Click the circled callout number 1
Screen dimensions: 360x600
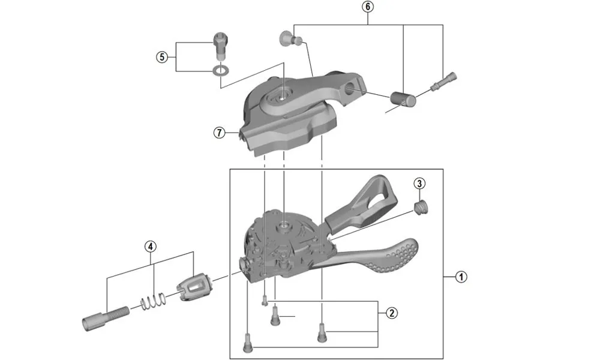click(x=460, y=277)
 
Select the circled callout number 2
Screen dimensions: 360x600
click(x=391, y=313)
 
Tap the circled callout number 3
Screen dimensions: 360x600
click(x=419, y=183)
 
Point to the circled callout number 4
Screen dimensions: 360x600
click(x=150, y=246)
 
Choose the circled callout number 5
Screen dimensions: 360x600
click(x=161, y=57)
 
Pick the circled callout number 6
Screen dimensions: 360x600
click(x=368, y=7)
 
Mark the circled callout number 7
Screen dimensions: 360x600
click(x=219, y=133)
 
